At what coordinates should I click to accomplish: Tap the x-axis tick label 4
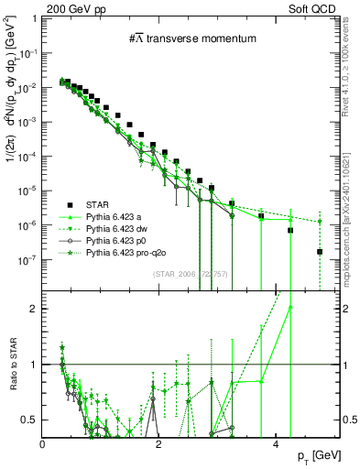click(x=276, y=444)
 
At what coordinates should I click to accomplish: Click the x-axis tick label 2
click(x=159, y=444)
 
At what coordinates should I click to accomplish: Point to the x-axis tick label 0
click(x=43, y=444)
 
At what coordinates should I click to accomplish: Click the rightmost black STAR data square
click(x=320, y=251)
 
